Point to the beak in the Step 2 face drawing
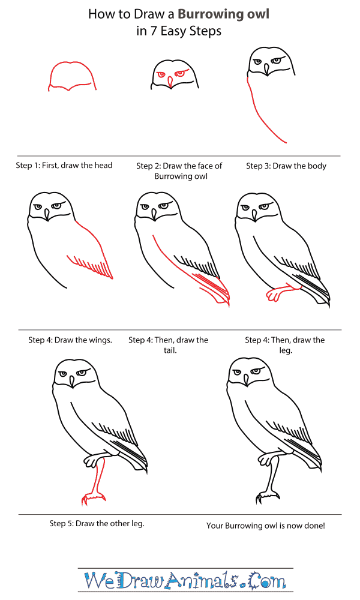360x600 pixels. coord(169,82)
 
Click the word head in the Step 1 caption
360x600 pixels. coord(102,166)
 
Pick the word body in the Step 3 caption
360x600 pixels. coord(316,166)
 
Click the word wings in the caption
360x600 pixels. coord(100,340)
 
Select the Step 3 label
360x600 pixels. coord(258,166)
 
